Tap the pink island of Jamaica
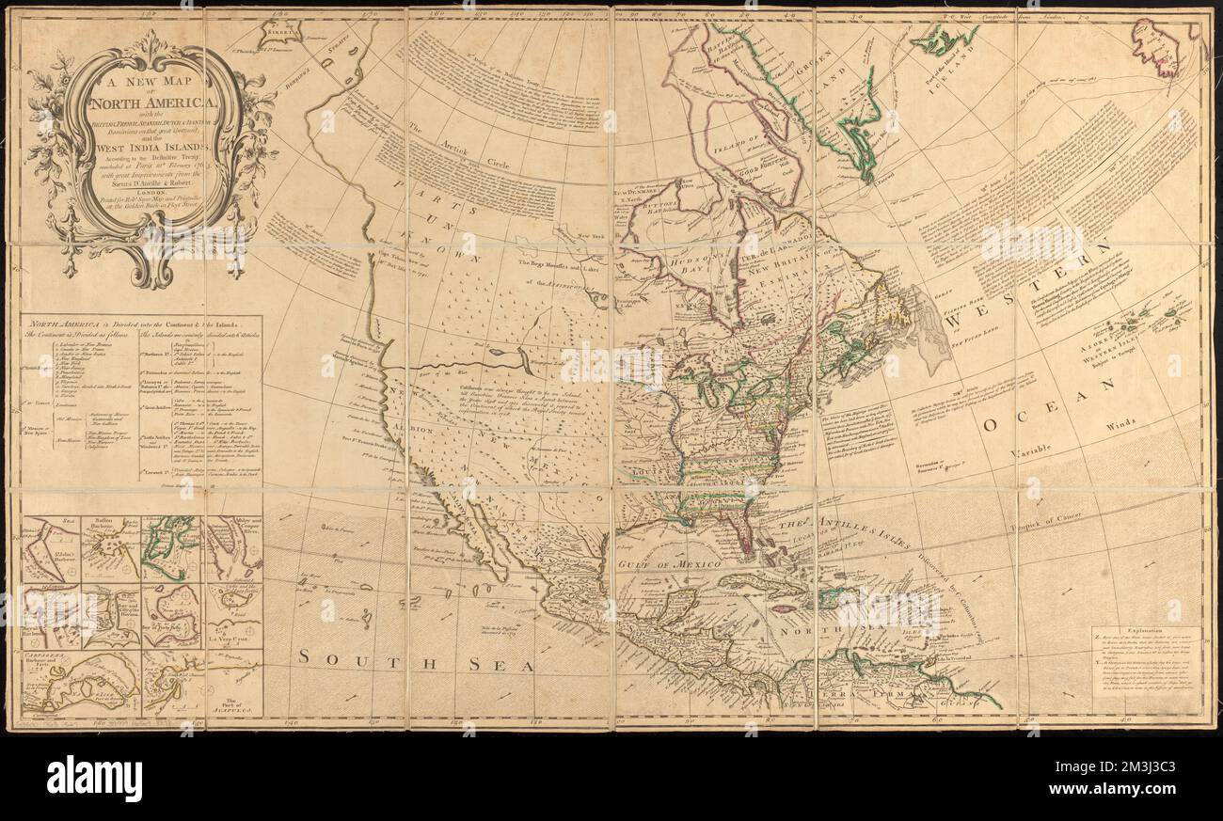(x=780, y=609)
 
